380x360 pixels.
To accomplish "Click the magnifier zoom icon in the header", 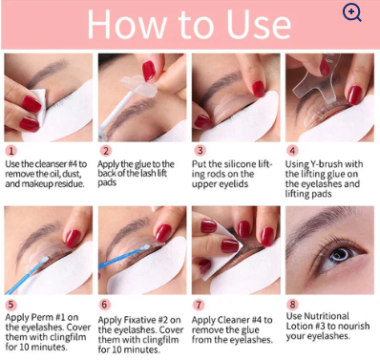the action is [x=352, y=13].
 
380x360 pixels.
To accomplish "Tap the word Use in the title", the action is [x=259, y=24].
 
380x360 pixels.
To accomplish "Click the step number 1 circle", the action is [x=11, y=150].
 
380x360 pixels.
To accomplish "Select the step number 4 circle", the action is [x=292, y=150].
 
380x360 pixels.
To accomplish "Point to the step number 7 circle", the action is [x=199, y=305].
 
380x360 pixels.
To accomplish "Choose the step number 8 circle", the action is [x=292, y=305].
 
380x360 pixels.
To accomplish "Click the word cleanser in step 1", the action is [x=51, y=164].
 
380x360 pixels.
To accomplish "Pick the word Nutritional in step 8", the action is [x=327, y=316].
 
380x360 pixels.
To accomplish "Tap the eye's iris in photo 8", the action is [x=340, y=255].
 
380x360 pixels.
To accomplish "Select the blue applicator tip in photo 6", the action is [x=145, y=247].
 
